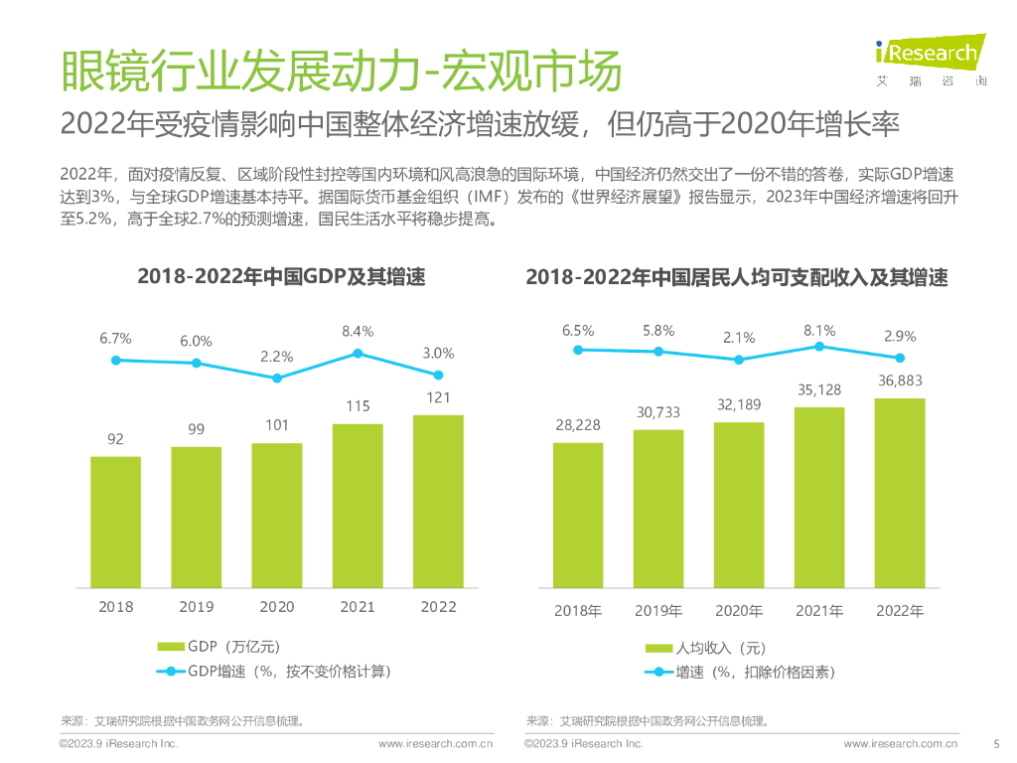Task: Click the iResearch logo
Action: tap(927, 58)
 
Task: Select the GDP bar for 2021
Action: tap(358, 504)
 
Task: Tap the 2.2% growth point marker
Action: tap(277, 379)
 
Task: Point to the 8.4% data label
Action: tap(358, 332)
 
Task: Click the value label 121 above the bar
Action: tap(438, 397)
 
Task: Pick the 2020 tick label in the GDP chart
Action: tap(277, 607)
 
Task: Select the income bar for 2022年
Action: tap(900, 491)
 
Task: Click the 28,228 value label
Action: tap(577, 425)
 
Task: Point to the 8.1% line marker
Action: tap(819, 346)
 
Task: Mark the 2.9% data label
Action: tap(900, 337)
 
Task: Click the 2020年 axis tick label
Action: tap(739, 611)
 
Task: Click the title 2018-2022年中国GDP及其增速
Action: tap(281, 277)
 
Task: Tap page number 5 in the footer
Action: tap(996, 743)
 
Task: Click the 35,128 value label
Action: tap(819, 390)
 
